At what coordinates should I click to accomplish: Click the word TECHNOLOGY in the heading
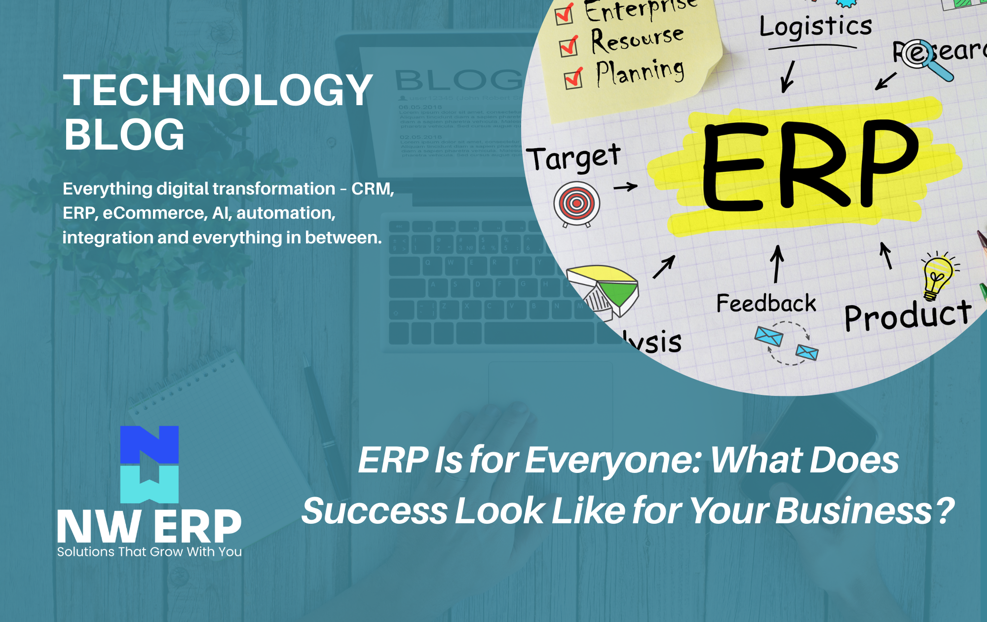[218, 90]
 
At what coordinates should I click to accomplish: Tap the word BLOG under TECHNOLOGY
[124, 134]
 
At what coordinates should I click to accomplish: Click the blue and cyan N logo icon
[149, 464]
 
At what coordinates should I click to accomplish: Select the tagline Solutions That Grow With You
[149, 552]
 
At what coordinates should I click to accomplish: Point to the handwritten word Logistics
[815, 27]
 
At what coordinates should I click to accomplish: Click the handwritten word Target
[573, 158]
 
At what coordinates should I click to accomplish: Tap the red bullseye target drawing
[576, 203]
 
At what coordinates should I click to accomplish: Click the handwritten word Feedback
[766, 303]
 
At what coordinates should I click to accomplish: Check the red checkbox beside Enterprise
[564, 14]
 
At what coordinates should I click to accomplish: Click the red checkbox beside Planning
[573, 78]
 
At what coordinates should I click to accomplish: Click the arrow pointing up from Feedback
[777, 264]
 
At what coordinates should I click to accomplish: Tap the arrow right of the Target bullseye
[626, 187]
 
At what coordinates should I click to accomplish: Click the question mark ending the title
[945, 510]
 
